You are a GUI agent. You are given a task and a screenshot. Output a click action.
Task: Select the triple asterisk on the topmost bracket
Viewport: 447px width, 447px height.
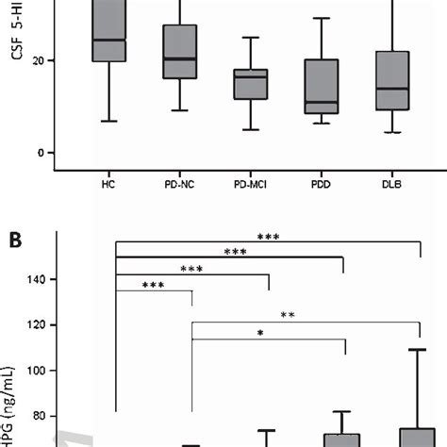click(x=267, y=237)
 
